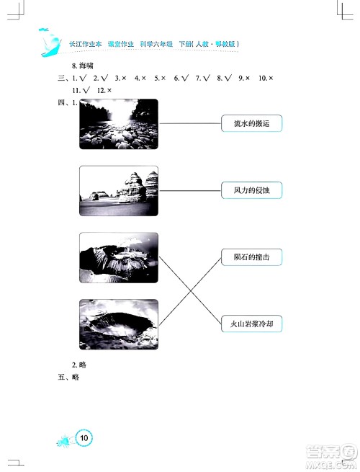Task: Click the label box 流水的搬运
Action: point(251,124)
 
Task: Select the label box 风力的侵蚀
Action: point(251,190)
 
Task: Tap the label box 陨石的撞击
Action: point(251,257)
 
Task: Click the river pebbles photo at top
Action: point(118,124)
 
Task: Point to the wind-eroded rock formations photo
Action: point(118,190)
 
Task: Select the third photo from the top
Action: point(118,257)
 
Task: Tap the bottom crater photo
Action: point(118,324)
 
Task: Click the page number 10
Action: point(84,437)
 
